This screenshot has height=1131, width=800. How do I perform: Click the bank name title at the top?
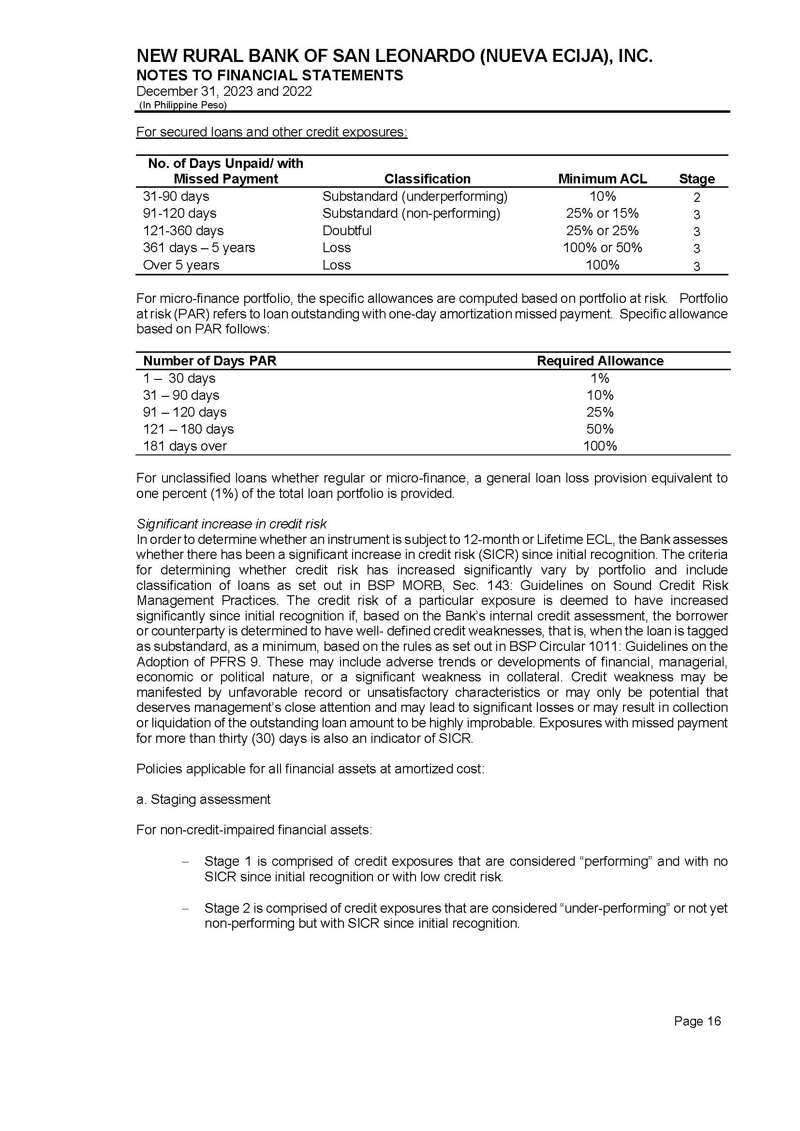(394, 56)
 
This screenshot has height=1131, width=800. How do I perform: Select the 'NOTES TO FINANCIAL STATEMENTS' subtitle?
(269, 75)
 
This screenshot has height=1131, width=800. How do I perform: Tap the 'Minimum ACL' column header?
(602, 179)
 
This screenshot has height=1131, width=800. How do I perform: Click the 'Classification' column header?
(427, 179)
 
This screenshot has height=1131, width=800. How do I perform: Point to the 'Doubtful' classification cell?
(347, 231)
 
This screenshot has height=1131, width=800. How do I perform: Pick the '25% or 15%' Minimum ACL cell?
(602, 213)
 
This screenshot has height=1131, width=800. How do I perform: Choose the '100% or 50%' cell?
(602, 248)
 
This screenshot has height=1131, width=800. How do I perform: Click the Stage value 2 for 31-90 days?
(696, 197)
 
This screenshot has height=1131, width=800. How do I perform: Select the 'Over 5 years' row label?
(181, 265)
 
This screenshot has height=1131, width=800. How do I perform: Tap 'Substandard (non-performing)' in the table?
(411, 213)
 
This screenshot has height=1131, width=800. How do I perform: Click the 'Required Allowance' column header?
(599, 361)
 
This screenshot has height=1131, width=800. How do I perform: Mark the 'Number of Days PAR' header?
(210, 361)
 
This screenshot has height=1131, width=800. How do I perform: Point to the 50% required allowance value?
(599, 429)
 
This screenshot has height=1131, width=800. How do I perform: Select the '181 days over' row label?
(185, 446)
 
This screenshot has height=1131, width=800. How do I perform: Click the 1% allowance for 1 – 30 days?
(599, 378)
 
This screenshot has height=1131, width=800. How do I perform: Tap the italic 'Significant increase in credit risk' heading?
(231, 524)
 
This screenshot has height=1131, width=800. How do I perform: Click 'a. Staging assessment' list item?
(203, 799)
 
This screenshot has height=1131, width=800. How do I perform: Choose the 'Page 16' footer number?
(697, 1021)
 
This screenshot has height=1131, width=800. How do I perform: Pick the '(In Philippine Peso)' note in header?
(183, 105)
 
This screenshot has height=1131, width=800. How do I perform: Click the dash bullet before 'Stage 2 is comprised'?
(185, 908)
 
